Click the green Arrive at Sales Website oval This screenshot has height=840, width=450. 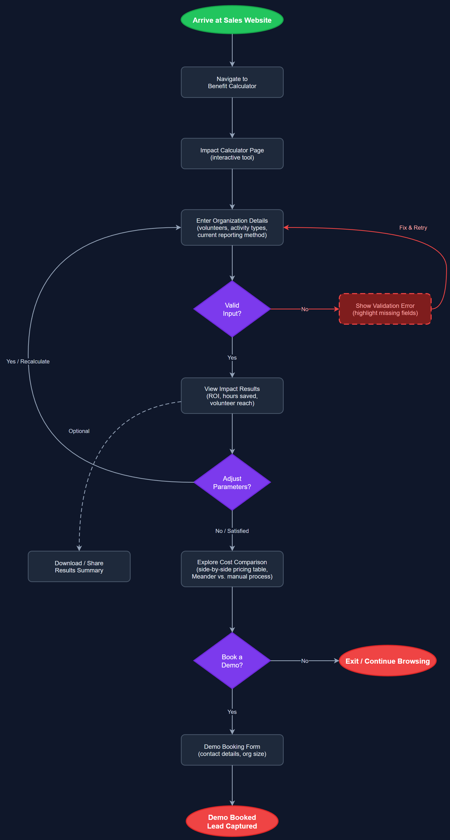pyautogui.click(x=232, y=20)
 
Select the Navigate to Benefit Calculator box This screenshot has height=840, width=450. pyautogui.click(x=232, y=82)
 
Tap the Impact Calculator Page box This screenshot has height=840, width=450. pyautogui.click(x=232, y=154)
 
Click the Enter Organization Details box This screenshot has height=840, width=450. pyautogui.click(x=232, y=228)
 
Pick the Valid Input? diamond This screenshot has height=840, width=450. pyautogui.click(x=232, y=309)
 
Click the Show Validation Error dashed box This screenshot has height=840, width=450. pyautogui.click(x=385, y=309)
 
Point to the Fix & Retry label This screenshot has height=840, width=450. pyautogui.click(x=413, y=228)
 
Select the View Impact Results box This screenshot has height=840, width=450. pyautogui.click(x=232, y=396)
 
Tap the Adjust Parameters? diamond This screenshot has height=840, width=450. pyautogui.click(x=232, y=482)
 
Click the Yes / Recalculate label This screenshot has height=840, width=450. pyautogui.click(x=28, y=361)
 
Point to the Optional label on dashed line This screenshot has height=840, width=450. pyautogui.click(x=79, y=431)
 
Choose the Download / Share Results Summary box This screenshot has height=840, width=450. pyautogui.click(x=79, y=566)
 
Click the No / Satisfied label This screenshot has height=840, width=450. pyautogui.click(x=232, y=531)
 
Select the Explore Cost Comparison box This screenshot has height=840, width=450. pyautogui.click(x=232, y=569)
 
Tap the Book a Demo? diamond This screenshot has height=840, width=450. pyautogui.click(x=232, y=661)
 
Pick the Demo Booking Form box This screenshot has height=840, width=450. pyautogui.click(x=232, y=750)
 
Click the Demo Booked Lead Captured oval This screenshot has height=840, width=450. pyautogui.click(x=232, y=821)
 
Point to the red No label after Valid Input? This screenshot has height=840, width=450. pyautogui.click(x=304, y=309)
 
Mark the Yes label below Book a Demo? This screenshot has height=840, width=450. pyautogui.click(x=232, y=712)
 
